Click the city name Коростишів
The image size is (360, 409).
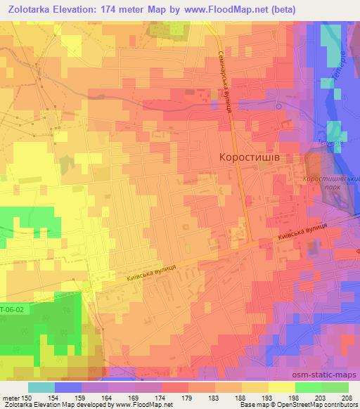(250, 158)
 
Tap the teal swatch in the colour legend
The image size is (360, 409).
(41, 387)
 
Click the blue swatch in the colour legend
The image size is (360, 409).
(68, 387)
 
